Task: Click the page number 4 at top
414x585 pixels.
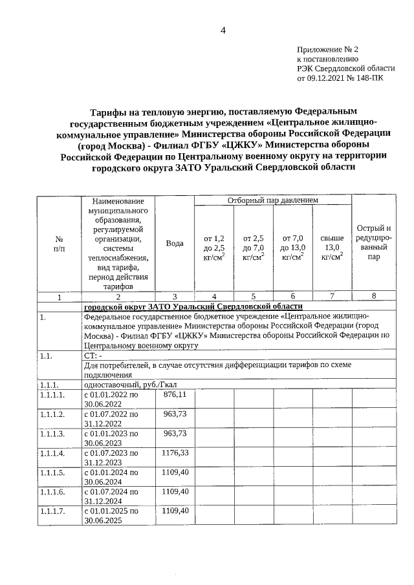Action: pos(223,29)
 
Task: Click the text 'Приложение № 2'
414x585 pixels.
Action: pos(327,49)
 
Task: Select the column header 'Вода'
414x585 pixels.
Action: pos(174,243)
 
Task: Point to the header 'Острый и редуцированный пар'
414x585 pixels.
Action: pos(373,243)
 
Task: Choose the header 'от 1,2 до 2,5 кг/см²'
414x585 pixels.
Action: pos(213,248)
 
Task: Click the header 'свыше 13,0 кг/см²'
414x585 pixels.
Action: pos(331,248)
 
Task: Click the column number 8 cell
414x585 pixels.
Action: pos(373,297)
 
